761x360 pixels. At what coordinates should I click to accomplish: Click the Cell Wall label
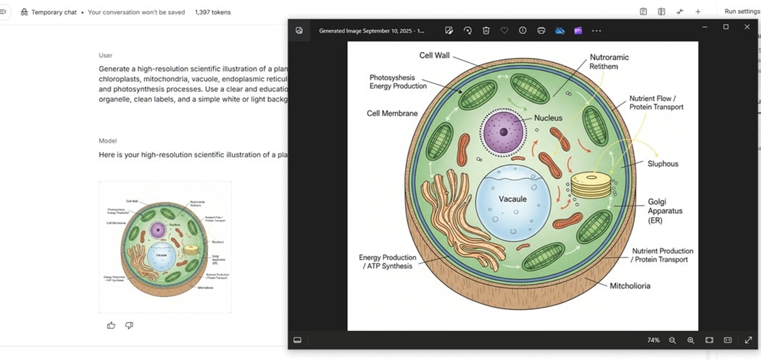(x=436, y=56)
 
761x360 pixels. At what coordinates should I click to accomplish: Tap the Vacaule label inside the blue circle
(x=512, y=199)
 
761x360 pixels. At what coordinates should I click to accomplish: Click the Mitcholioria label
(x=630, y=285)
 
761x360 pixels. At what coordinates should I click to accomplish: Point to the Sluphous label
(x=662, y=164)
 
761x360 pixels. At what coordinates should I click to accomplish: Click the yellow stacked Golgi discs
(x=591, y=185)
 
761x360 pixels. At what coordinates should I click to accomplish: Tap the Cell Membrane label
(x=392, y=114)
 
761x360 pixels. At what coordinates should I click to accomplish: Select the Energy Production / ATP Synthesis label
(x=388, y=261)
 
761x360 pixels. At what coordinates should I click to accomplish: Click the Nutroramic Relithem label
(x=609, y=62)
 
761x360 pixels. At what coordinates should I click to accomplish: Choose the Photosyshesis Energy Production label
(x=398, y=81)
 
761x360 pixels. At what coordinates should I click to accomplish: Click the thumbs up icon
(x=111, y=325)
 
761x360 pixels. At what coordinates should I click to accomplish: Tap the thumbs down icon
(x=129, y=325)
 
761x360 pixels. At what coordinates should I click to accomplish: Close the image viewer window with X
(x=747, y=27)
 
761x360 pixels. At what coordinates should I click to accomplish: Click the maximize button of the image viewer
(x=725, y=27)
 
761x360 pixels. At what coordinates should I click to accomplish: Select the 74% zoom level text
(x=653, y=340)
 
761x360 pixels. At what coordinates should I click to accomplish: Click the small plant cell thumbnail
(x=165, y=247)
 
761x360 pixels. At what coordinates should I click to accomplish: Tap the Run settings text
(x=741, y=12)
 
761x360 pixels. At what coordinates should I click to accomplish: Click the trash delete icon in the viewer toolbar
(x=486, y=30)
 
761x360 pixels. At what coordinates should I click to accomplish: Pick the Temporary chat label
(x=54, y=12)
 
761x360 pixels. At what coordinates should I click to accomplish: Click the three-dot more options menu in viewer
(x=596, y=30)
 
